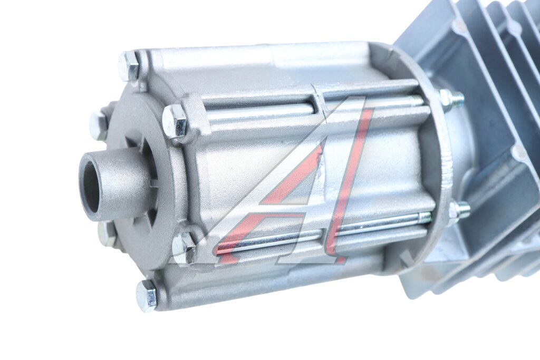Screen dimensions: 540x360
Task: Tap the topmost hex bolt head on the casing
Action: pyautogui.click(x=129, y=66)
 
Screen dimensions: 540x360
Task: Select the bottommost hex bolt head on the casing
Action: pyautogui.click(x=147, y=295)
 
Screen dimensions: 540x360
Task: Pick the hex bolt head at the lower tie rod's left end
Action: pyautogui.click(x=184, y=247)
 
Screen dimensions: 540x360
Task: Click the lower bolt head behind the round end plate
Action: pyautogui.click(x=105, y=233)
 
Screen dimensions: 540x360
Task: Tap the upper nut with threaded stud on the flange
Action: pyautogui.click(x=452, y=99)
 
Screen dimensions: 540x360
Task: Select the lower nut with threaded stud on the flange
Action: pyautogui.click(x=459, y=210)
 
